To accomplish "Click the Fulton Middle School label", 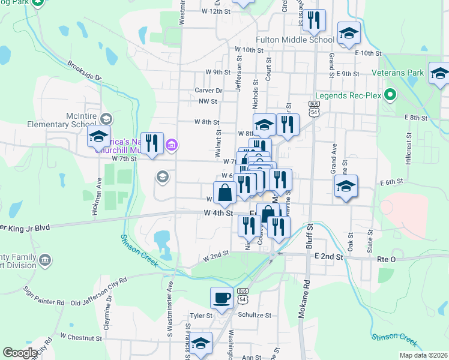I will [x=295, y=40].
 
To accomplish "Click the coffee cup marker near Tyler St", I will [x=221, y=298].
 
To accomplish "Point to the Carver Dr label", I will [x=208, y=91].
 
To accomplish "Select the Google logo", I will [x=20, y=353].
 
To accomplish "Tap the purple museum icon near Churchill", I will [x=172, y=144].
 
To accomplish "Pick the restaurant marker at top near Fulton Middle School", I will [x=313, y=20].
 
